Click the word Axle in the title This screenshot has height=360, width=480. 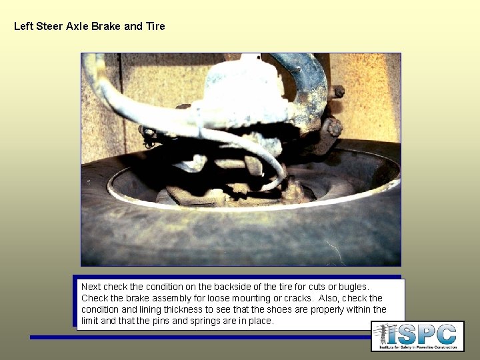tap(79, 27)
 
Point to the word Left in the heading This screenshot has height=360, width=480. tap(23, 27)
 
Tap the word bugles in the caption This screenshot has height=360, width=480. tap(351, 287)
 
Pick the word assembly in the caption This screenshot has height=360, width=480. tap(161, 298)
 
